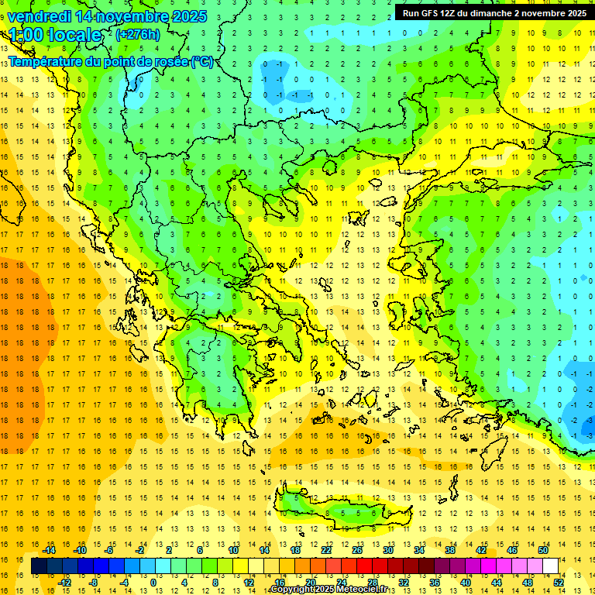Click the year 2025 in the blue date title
pyautogui.click(x=187, y=15)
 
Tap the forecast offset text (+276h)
pyautogui.click(x=138, y=34)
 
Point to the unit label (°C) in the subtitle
pyautogui.click(x=201, y=61)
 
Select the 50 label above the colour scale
pyautogui.click(x=542, y=550)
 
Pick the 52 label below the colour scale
pyautogui.click(x=559, y=582)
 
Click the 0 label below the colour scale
pyautogui.click(x=153, y=582)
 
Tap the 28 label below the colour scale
pyautogui.click(x=372, y=582)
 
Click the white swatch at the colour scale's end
pyautogui.click(x=550, y=566)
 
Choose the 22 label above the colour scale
pyautogui.click(x=326, y=550)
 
